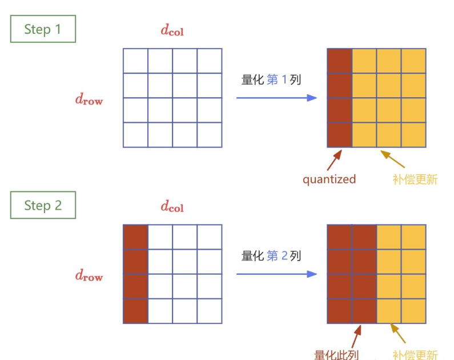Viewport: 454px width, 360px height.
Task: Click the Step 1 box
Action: coord(43,29)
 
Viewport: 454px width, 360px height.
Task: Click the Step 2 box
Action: coord(43,205)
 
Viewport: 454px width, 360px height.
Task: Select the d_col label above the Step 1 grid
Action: coord(172,30)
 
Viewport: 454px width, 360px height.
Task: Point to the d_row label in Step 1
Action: coord(89,99)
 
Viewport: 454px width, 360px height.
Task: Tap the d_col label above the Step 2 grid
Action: coord(172,206)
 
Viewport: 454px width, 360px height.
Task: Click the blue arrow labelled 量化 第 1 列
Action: coord(276,98)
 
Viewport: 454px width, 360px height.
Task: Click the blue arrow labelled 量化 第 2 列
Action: coord(276,274)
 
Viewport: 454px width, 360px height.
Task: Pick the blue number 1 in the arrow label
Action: coord(285,80)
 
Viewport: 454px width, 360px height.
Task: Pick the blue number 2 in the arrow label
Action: coord(285,256)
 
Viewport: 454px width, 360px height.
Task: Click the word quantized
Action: coord(329,179)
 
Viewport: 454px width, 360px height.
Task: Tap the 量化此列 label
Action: coord(337,354)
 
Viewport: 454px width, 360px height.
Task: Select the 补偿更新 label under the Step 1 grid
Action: coord(415,179)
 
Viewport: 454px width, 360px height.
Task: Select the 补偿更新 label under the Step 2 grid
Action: coord(415,354)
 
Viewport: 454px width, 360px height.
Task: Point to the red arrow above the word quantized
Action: coord(335,159)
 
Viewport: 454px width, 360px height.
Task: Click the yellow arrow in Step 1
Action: coord(392,159)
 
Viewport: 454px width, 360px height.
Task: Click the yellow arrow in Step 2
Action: coord(398,334)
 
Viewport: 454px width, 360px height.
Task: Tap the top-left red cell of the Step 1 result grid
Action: coord(339,61)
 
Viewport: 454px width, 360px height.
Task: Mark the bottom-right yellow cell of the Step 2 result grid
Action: coord(413,310)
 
